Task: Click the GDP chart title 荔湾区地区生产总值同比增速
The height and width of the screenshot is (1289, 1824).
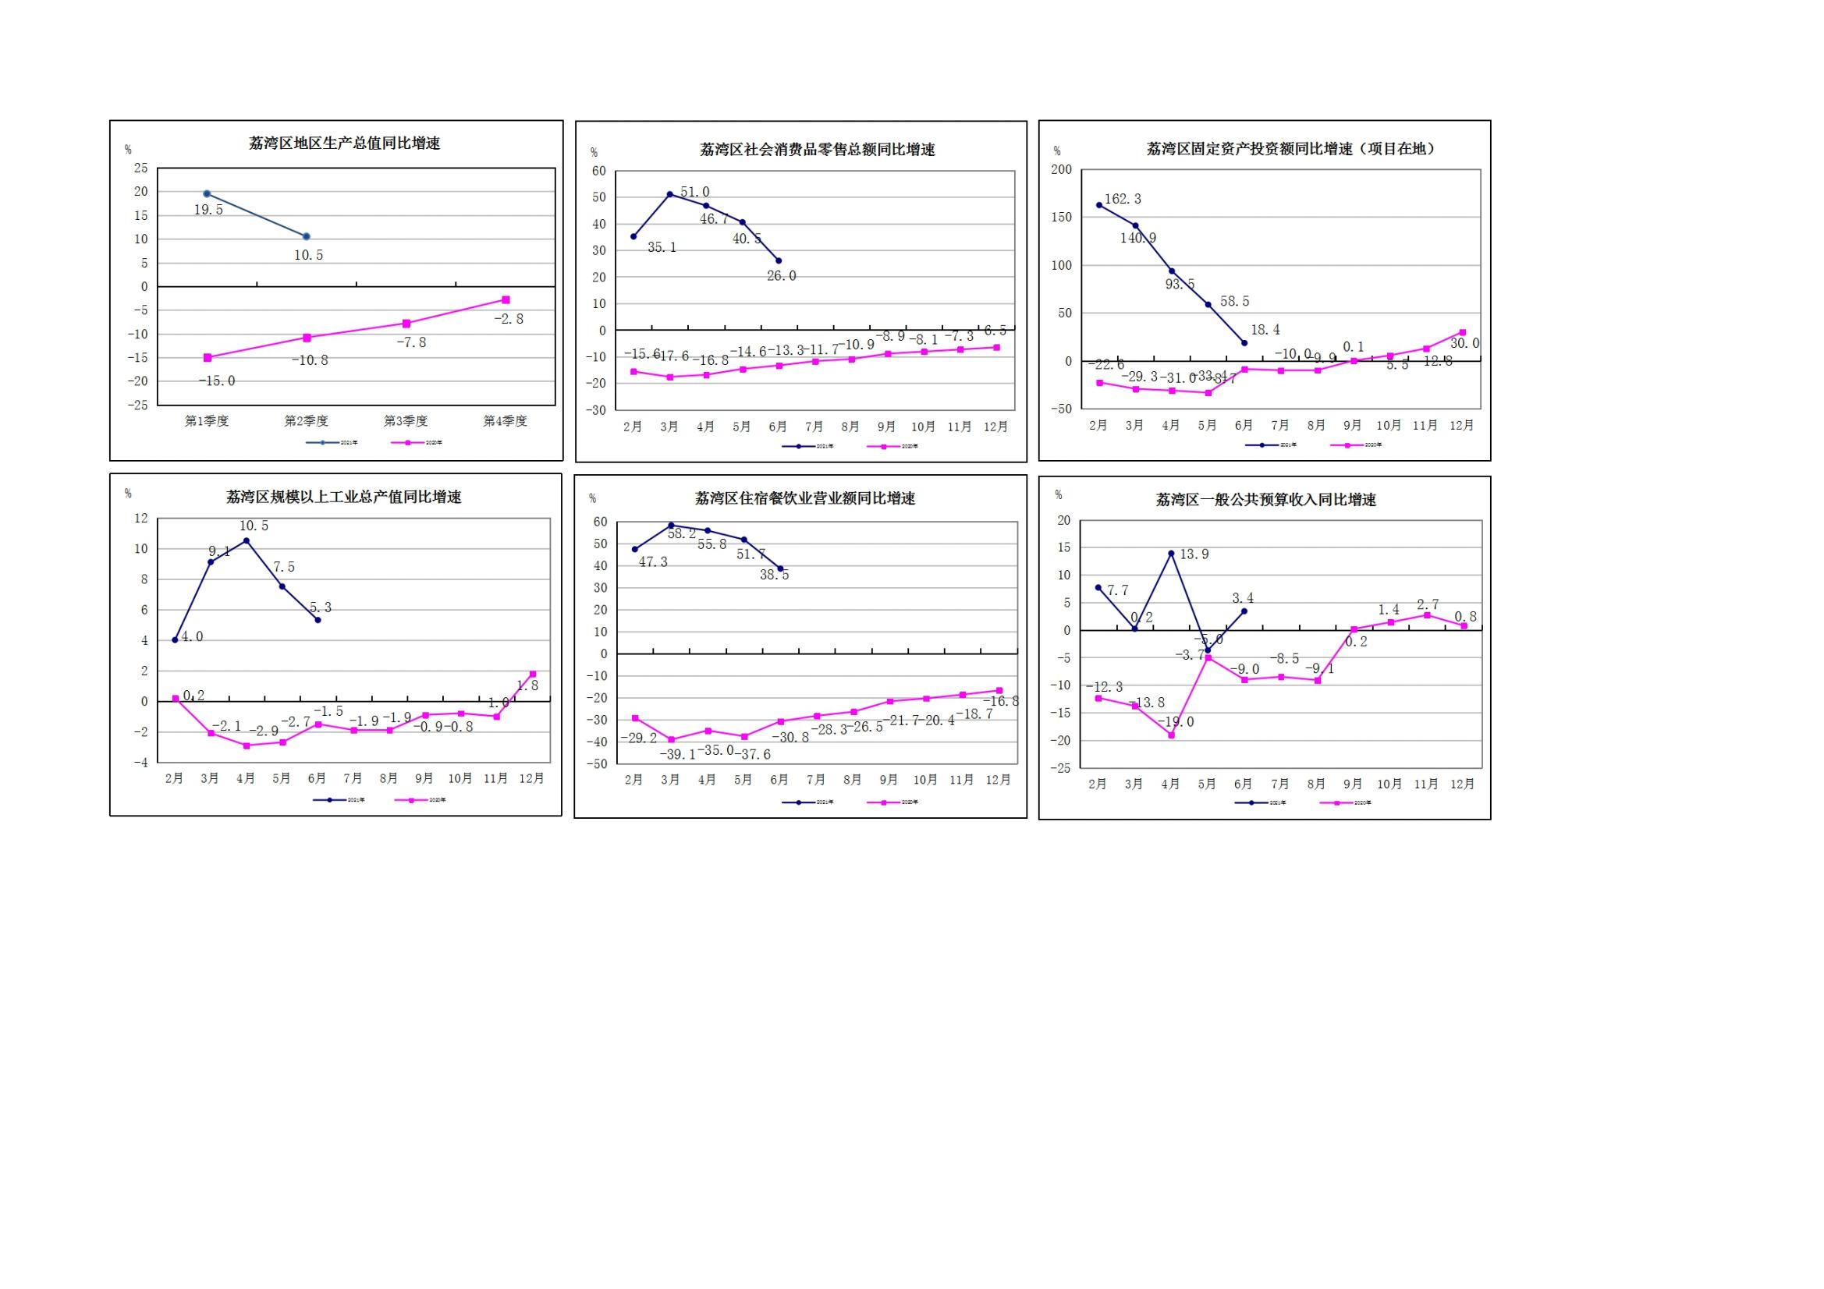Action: pos(344,143)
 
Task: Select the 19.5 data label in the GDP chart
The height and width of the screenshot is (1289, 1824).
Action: pos(209,211)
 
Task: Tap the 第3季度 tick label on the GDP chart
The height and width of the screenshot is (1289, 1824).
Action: pos(406,421)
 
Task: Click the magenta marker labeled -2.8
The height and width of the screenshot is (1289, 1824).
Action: pos(506,300)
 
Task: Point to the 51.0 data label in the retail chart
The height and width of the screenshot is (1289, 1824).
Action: pos(695,192)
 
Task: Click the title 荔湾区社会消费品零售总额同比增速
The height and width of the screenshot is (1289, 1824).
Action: pos(817,150)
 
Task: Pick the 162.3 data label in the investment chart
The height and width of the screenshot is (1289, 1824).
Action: pos(1123,200)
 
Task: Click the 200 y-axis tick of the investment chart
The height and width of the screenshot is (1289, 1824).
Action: pos(1061,169)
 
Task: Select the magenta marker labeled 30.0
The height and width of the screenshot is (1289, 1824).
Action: pos(1463,333)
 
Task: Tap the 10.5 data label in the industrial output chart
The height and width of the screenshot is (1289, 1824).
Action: pos(254,526)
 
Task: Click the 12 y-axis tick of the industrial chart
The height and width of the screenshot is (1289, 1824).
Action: pos(141,519)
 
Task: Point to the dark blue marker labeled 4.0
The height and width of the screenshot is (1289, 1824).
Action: pos(175,640)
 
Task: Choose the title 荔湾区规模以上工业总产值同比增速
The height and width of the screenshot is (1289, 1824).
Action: pos(344,498)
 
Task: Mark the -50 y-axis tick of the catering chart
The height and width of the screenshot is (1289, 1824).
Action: pos(600,764)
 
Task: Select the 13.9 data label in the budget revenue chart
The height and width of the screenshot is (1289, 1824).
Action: pos(1194,554)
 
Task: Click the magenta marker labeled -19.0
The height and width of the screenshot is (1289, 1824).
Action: pos(1171,735)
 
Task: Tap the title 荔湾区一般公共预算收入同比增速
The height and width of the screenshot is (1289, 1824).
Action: pos(1265,501)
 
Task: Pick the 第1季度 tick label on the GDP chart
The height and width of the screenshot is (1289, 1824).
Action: pos(207,421)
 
